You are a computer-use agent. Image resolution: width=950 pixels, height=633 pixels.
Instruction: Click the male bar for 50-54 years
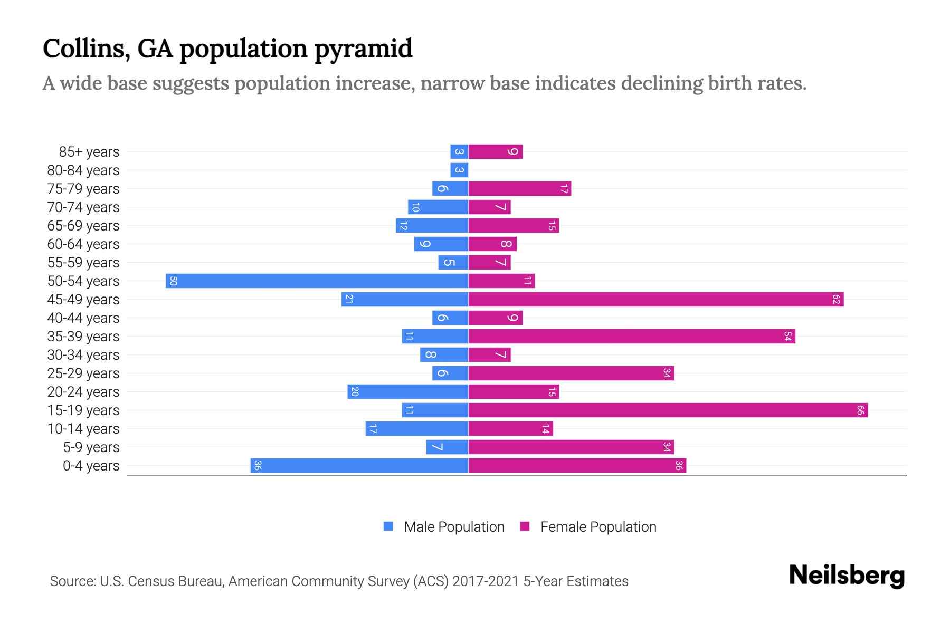pos(317,281)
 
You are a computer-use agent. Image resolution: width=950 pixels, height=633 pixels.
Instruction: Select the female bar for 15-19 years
pos(668,410)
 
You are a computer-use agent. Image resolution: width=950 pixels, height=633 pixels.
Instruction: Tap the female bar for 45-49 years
pos(655,299)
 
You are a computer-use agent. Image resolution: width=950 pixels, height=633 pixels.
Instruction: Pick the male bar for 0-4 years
pos(359,465)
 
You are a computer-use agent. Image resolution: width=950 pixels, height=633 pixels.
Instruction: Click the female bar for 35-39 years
pos(632,336)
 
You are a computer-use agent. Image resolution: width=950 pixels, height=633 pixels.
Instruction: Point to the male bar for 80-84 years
pos(459,170)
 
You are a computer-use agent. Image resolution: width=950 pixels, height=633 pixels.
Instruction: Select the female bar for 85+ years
pos(496,151)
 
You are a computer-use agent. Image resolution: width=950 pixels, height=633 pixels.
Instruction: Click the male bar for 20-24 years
pos(407,391)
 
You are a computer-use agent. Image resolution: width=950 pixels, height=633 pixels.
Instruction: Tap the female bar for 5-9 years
pos(571,447)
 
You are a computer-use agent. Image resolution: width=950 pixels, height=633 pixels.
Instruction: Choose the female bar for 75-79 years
pos(520,188)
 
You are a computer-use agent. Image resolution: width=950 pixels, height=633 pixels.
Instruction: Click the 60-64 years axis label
pos(83,244)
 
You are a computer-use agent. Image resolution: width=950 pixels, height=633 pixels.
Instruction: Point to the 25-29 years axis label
pos(83,373)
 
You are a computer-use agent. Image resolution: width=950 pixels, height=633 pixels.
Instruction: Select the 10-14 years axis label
pos(83,429)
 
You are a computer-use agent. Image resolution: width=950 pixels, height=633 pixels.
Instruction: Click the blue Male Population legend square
pos(388,526)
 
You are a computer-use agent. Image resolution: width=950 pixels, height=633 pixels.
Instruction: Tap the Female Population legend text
pos(598,527)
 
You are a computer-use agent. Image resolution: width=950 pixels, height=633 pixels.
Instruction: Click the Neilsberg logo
pos(847,576)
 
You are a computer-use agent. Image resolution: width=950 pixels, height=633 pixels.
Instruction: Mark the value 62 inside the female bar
pos(836,299)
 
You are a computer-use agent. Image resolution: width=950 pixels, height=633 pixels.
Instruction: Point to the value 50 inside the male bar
pos(173,281)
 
